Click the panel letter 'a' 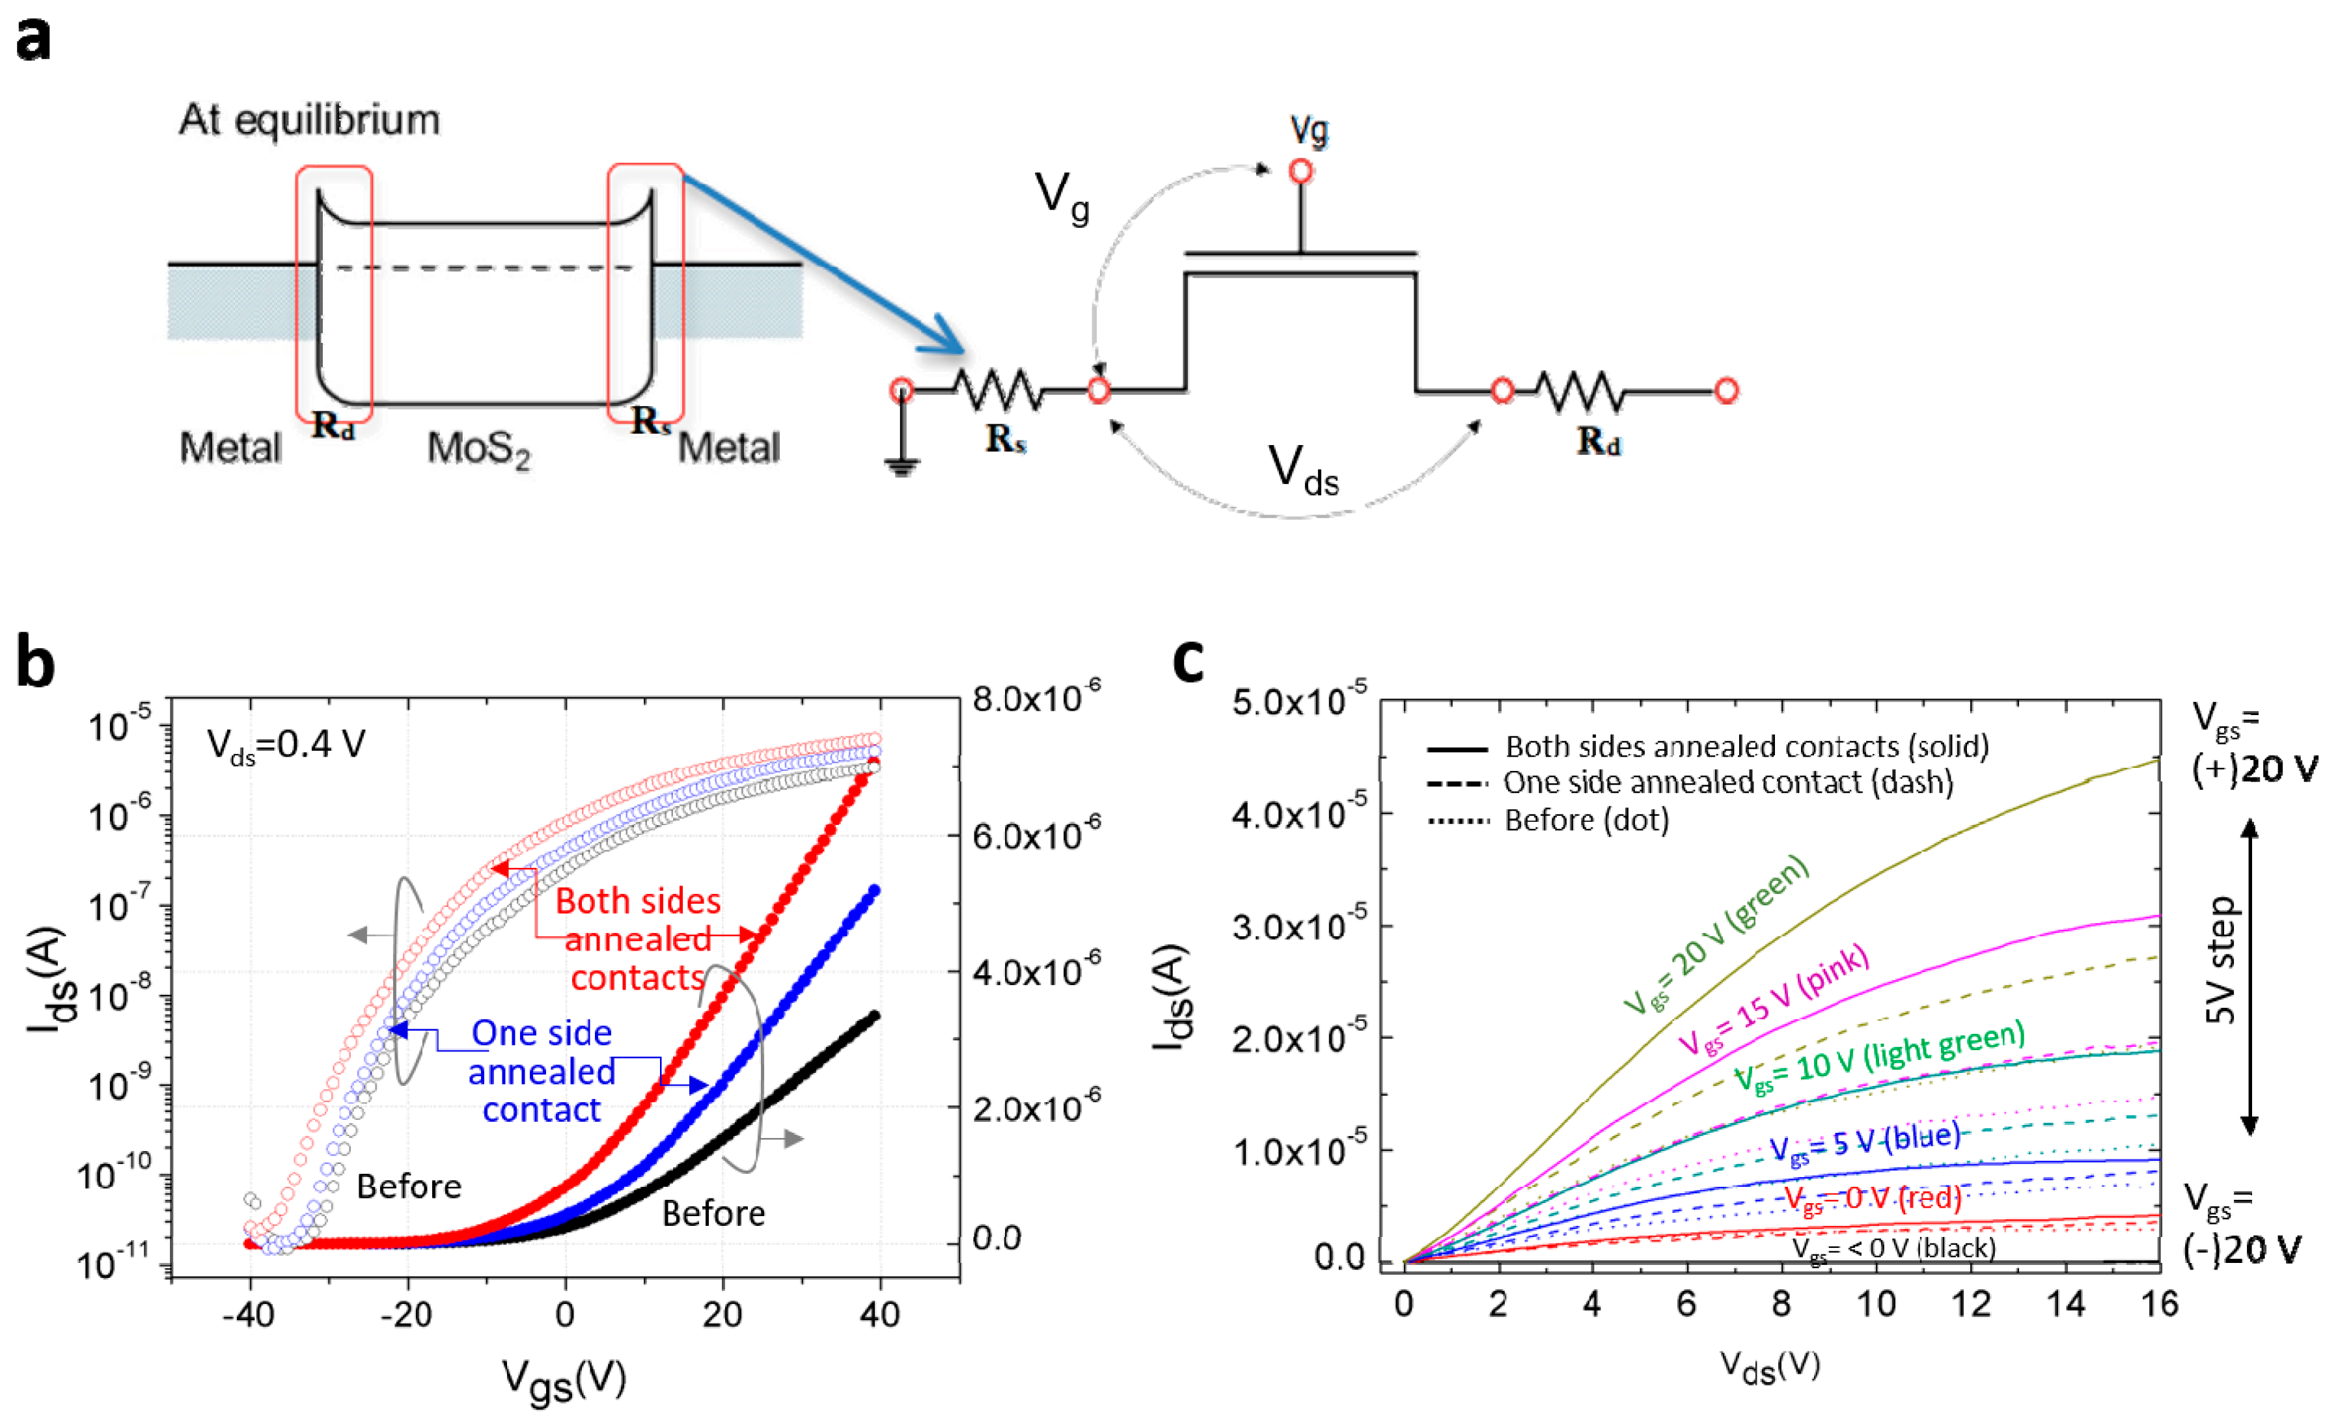point(33,40)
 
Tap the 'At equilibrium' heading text point(309,120)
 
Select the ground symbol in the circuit point(901,464)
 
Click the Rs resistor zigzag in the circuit point(998,389)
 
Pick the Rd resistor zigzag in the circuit point(1580,390)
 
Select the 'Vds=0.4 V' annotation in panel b point(286,746)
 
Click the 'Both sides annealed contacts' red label point(638,939)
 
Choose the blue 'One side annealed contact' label point(542,1071)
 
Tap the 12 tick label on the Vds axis point(1971,1305)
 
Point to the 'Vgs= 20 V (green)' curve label point(1716,934)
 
